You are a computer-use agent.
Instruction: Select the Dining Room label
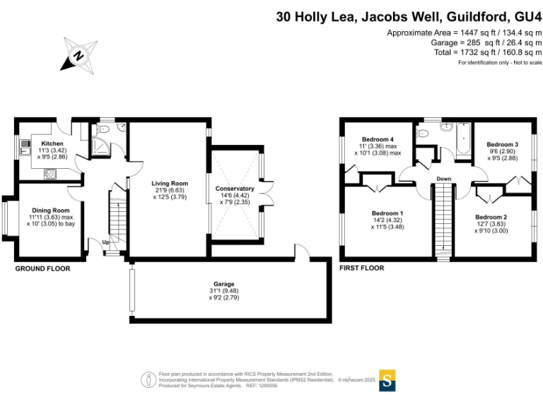(x=50, y=210)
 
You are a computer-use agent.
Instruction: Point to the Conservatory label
(x=235, y=189)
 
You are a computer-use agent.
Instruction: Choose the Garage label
(x=224, y=284)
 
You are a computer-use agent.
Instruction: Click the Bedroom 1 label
(x=387, y=213)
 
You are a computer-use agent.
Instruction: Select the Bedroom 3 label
(x=503, y=144)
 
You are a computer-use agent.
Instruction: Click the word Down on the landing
(x=443, y=179)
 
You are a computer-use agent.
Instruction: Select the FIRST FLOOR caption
(x=361, y=269)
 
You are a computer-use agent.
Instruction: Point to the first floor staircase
(x=443, y=219)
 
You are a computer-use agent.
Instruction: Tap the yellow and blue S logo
(x=387, y=379)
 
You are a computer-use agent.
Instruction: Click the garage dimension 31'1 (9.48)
(x=224, y=291)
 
